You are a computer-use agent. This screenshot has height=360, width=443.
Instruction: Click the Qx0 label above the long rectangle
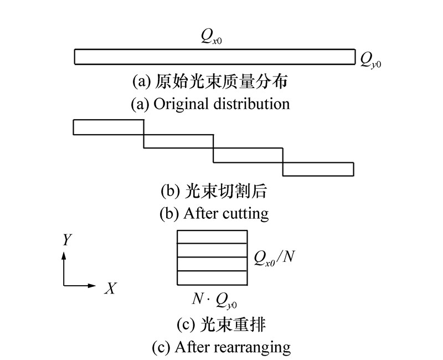(x=213, y=39)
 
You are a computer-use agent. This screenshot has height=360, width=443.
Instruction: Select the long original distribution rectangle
(x=214, y=56)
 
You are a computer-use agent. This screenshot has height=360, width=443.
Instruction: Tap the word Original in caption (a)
(x=179, y=104)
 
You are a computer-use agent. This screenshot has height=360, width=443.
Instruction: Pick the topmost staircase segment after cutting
(x=109, y=127)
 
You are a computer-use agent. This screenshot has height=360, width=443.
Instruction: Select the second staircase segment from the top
(x=179, y=141)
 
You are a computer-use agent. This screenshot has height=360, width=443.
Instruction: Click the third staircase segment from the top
(x=249, y=155)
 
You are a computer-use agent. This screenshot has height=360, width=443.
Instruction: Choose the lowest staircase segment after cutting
(x=318, y=169)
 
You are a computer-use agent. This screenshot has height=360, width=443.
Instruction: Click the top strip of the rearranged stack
(x=212, y=236)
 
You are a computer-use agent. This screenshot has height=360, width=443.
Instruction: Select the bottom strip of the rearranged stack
(x=212, y=277)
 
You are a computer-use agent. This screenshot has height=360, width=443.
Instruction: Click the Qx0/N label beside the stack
(x=272, y=258)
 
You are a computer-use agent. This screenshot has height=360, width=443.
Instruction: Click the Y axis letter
(x=67, y=240)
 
